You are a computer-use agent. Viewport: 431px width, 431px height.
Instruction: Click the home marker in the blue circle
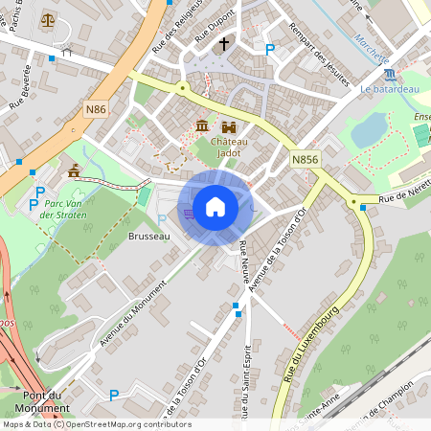[215, 207]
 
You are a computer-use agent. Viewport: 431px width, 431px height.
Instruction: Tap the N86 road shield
[96, 109]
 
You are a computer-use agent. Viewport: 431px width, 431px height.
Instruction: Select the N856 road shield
[305, 159]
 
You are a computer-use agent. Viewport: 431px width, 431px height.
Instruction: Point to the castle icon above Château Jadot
[228, 126]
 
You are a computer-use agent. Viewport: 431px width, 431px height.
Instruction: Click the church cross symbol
[224, 44]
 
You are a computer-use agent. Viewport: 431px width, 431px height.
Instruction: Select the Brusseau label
[147, 236]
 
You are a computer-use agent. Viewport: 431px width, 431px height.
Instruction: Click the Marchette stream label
[373, 41]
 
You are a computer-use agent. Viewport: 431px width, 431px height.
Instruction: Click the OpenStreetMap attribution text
[96, 424]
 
